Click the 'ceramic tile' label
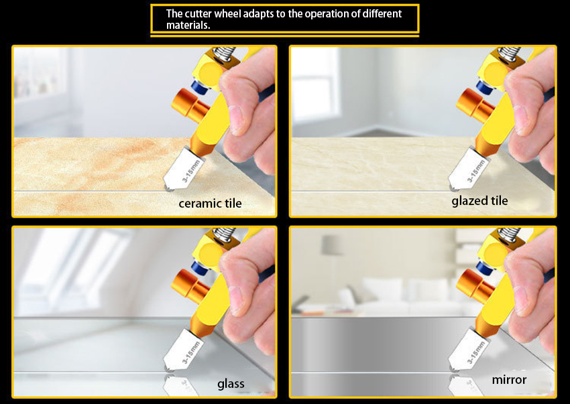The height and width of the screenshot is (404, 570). (210, 203)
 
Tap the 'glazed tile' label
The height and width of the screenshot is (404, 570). (479, 201)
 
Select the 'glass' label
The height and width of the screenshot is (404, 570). (231, 384)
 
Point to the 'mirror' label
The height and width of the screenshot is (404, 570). (509, 380)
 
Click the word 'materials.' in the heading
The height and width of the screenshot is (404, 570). (188, 25)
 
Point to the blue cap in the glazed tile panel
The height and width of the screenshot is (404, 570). (485, 88)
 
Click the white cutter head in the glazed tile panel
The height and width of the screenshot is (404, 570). (468, 169)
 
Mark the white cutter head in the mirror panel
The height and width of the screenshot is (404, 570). (468, 350)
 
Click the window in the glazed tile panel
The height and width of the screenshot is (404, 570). (316, 86)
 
